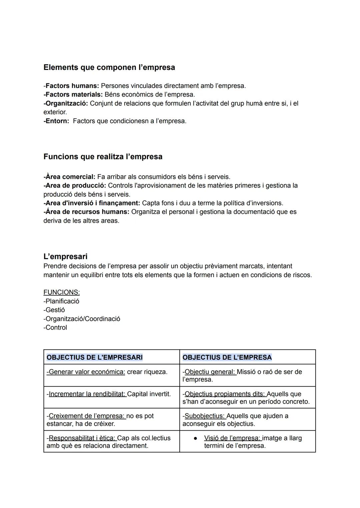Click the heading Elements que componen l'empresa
(x=109, y=67)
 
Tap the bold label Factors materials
(x=74, y=94)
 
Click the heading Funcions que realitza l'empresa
(x=103, y=157)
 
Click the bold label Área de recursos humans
(x=87, y=212)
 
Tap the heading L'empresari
(x=65, y=256)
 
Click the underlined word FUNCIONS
(x=61, y=292)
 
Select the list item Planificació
(x=62, y=301)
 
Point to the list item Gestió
(x=55, y=310)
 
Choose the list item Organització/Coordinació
(x=82, y=319)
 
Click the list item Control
(x=56, y=327)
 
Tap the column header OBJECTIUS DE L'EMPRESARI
(x=95, y=357)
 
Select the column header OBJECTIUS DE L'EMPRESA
(x=227, y=357)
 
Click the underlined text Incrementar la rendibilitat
(x=87, y=394)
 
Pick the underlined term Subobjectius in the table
(x=205, y=416)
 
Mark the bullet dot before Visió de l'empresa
(x=196, y=438)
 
